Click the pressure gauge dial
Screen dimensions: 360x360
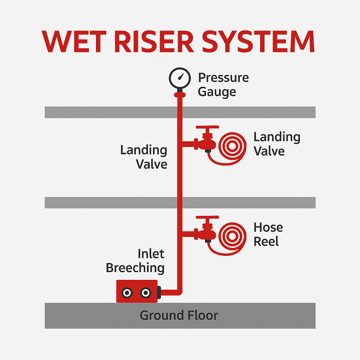pyautogui.click(x=180, y=78)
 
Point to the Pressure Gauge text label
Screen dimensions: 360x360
pyautogui.click(x=223, y=84)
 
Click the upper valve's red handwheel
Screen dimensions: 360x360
pyautogui.click(x=207, y=128)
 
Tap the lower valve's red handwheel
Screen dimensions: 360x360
pyautogui.click(x=207, y=219)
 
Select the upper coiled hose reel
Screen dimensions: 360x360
pyautogui.click(x=232, y=145)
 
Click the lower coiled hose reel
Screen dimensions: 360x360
pyautogui.click(x=232, y=235)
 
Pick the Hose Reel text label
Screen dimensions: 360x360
pyautogui.click(x=268, y=234)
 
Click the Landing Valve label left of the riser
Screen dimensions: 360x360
pyautogui.click(x=144, y=157)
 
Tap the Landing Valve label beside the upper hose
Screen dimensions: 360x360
pyautogui.click(x=277, y=144)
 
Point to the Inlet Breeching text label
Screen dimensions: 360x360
pyautogui.click(x=135, y=261)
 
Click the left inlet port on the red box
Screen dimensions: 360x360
pyautogui.click(x=127, y=292)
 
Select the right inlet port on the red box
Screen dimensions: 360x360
pyautogui.click(x=145, y=292)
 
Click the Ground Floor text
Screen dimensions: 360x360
pyautogui.click(x=179, y=315)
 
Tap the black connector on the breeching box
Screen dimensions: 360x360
pyautogui.click(x=159, y=291)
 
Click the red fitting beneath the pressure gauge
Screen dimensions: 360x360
pyautogui.click(x=180, y=94)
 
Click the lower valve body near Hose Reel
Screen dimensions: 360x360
pyautogui.click(x=207, y=233)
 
